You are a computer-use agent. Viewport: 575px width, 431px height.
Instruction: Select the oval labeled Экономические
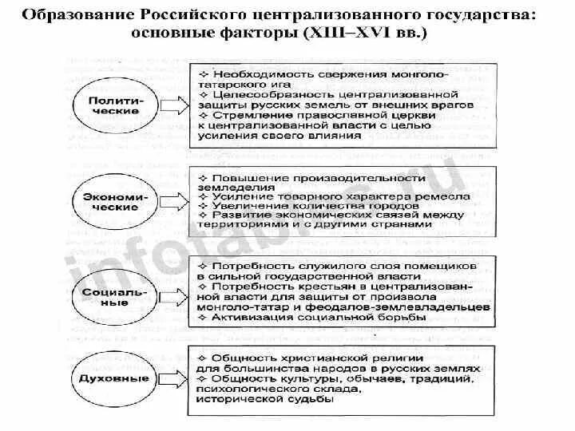(x=115, y=200)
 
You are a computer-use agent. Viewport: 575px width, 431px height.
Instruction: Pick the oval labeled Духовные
(x=115, y=374)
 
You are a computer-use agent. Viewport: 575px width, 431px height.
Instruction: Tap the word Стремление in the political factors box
(x=244, y=114)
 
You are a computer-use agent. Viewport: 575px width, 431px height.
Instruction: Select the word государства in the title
(x=478, y=18)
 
